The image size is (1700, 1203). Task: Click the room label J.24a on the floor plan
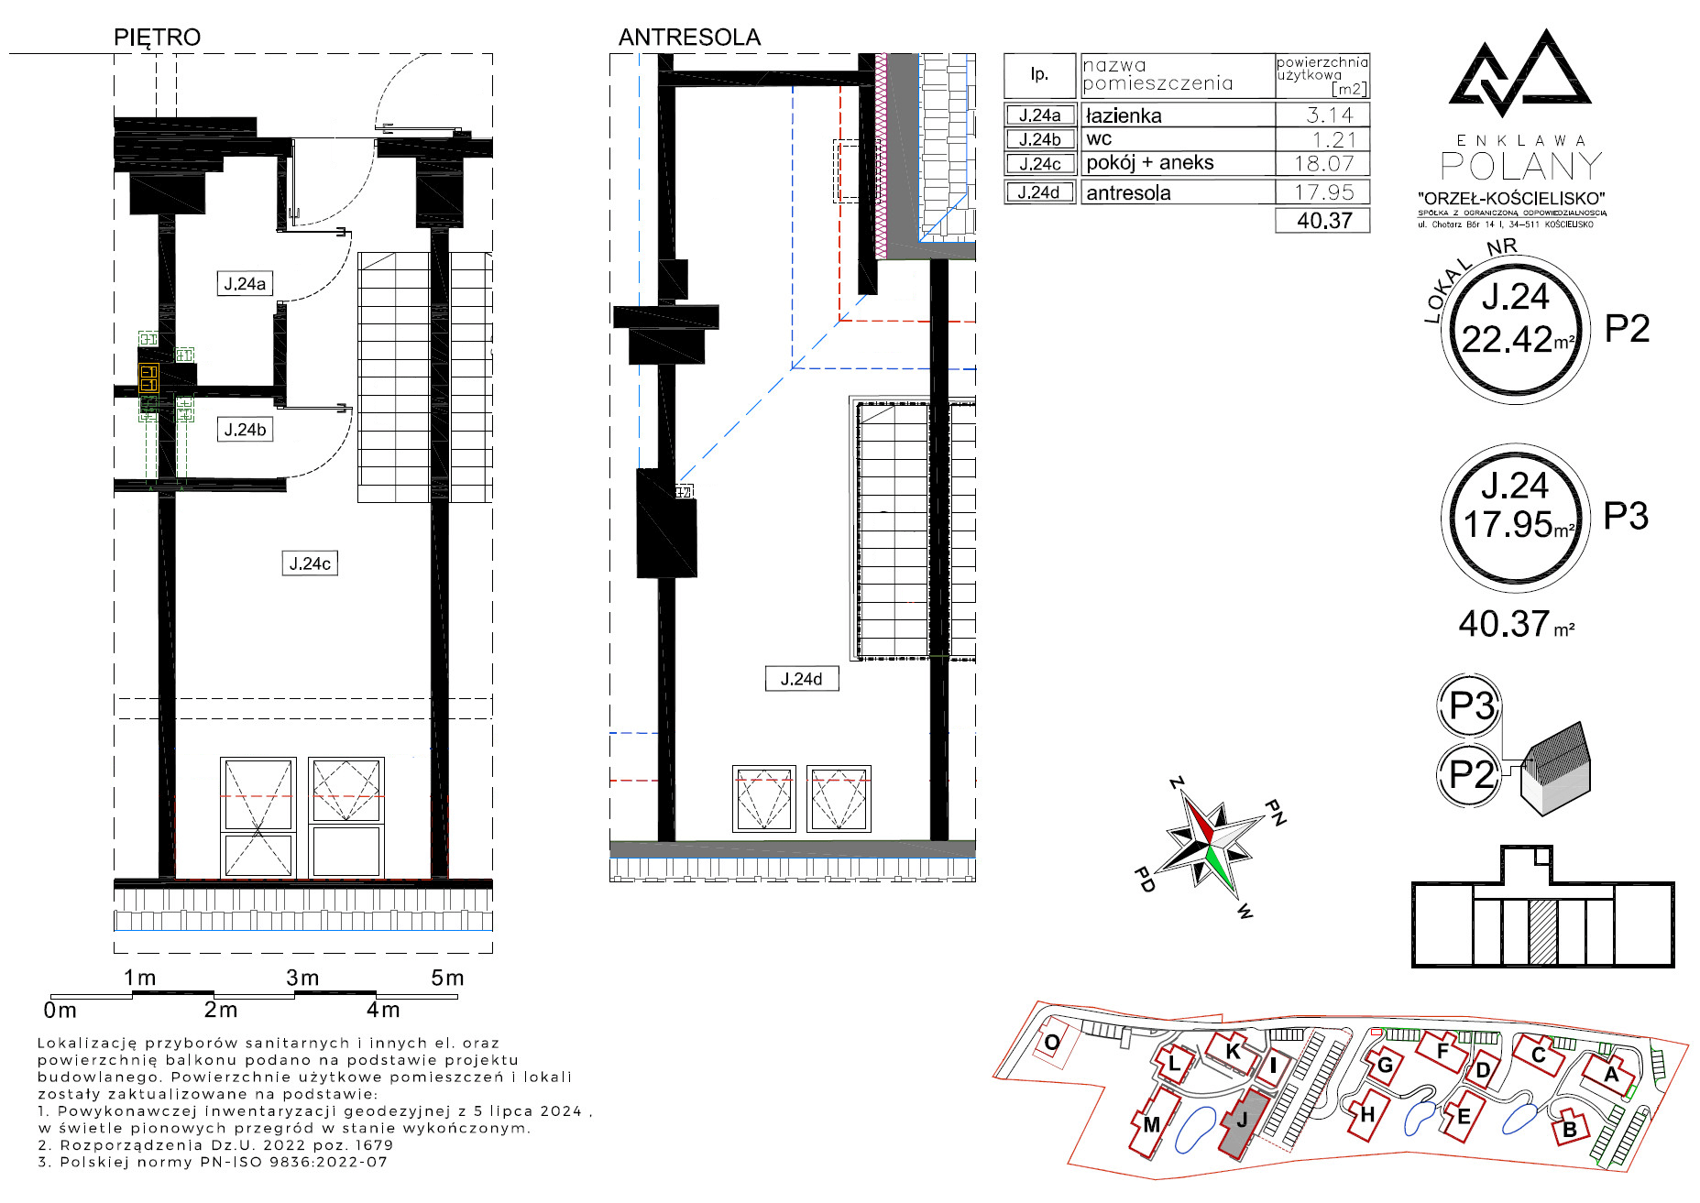pyautogui.click(x=245, y=284)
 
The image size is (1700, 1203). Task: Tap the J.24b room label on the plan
pyautogui.click(x=245, y=430)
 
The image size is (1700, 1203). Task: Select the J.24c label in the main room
pyautogui.click(x=310, y=563)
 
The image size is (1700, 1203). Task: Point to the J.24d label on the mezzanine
pyautogui.click(x=801, y=679)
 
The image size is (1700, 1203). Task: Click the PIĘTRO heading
pyautogui.click(x=157, y=37)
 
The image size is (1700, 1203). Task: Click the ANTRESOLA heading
pyautogui.click(x=689, y=37)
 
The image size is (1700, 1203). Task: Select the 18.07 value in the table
pyautogui.click(x=1324, y=164)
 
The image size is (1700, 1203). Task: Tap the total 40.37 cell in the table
pyautogui.click(x=1324, y=221)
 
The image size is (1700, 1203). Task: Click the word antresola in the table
pyautogui.click(x=1128, y=193)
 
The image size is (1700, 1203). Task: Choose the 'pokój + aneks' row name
pyautogui.click(x=1150, y=163)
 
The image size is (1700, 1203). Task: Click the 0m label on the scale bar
pyautogui.click(x=60, y=1010)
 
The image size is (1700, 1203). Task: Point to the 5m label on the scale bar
pyautogui.click(x=447, y=978)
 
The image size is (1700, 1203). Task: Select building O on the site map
pyautogui.click(x=1053, y=1042)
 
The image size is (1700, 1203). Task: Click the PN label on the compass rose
pyautogui.click(x=1276, y=812)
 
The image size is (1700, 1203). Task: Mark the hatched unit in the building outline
pyautogui.click(x=1543, y=932)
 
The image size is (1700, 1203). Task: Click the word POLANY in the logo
pyautogui.click(x=1522, y=166)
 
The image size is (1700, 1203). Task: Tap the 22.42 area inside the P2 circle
pyautogui.click(x=1508, y=339)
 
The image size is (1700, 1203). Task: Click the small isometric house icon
pyautogui.click(x=1555, y=768)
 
